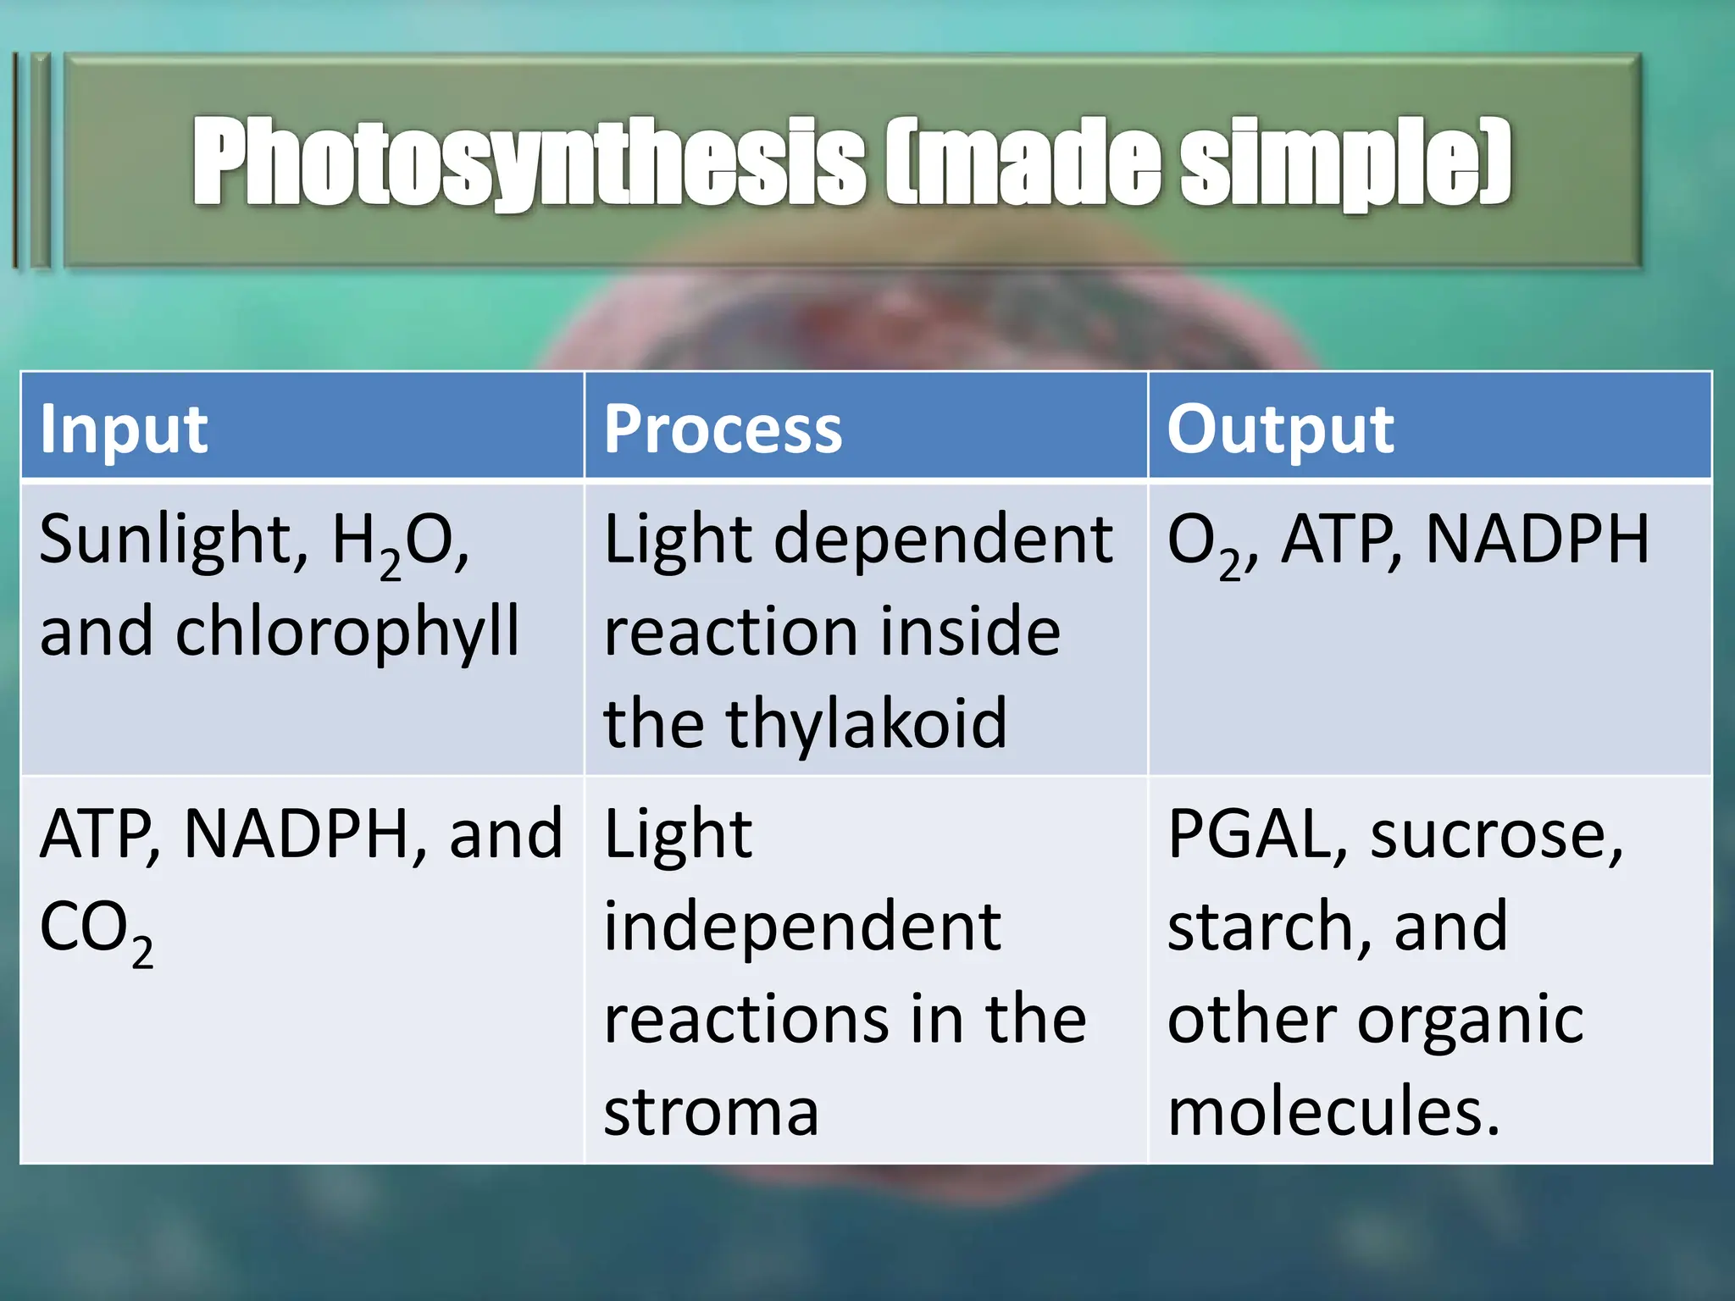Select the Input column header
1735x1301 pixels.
pos(124,429)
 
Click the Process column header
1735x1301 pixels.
pos(723,429)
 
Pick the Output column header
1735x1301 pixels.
pos(1280,429)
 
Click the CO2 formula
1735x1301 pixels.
pos(96,930)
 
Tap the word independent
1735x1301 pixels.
pos(802,927)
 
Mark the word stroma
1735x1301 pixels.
pos(711,1111)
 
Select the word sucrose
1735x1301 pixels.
pos(1496,835)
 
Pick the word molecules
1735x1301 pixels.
pos(1333,1111)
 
